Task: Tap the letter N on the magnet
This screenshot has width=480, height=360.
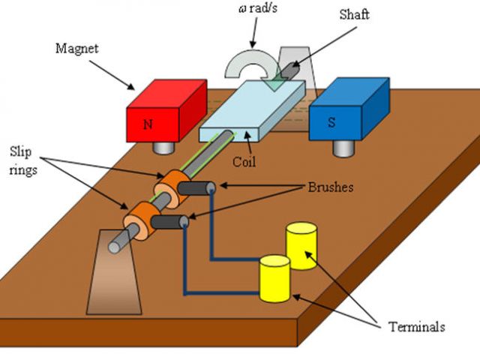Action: [x=148, y=124]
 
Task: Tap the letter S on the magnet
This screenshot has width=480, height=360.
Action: [x=331, y=123]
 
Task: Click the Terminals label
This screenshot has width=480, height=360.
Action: [x=416, y=327]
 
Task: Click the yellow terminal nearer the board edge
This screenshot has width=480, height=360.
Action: [x=274, y=278]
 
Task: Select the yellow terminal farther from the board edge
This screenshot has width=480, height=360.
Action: [x=301, y=244]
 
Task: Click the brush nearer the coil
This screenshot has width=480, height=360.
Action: [x=199, y=190]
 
